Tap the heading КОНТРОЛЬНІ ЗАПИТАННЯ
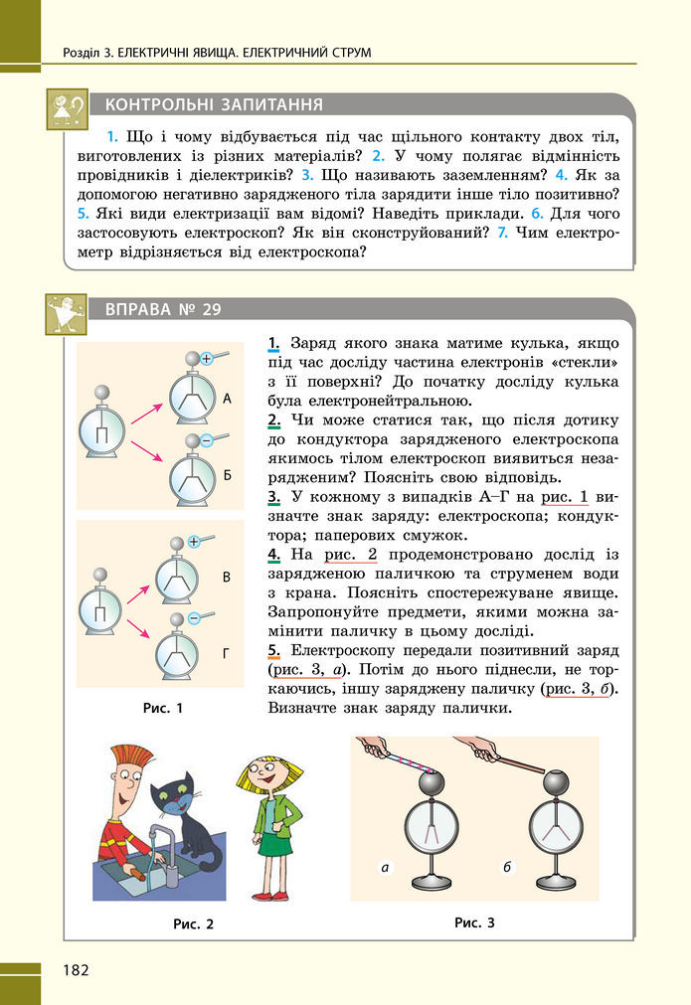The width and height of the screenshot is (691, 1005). point(214,104)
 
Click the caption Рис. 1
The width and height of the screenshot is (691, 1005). point(163,709)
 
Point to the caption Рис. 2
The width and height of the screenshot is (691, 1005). point(193,923)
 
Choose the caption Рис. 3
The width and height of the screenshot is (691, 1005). point(474,921)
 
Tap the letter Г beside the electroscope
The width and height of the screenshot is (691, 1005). point(227,654)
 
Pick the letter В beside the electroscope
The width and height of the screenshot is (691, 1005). point(227,577)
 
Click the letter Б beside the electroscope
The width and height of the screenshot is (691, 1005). point(227,476)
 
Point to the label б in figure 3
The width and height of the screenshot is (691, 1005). point(507,868)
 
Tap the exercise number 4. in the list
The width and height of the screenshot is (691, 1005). point(272,552)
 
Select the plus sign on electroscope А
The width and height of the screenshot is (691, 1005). point(207,359)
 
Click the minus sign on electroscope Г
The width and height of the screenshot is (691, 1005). point(194,618)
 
